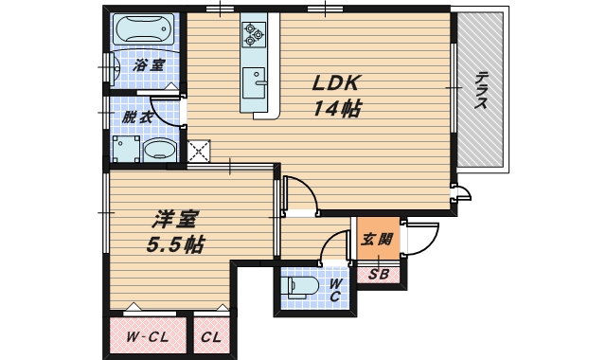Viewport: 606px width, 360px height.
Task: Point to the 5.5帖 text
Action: point(176,244)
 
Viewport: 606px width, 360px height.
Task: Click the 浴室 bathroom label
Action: point(149,65)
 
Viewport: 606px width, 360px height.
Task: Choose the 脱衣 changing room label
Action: point(137,117)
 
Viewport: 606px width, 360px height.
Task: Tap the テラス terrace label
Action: point(482,91)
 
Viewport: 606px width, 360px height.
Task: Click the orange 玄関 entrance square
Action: point(377,239)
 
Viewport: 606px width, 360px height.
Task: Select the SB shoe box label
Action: point(379,276)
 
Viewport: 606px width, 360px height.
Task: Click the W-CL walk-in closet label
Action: point(147,335)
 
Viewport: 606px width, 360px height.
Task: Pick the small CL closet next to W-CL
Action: point(211,335)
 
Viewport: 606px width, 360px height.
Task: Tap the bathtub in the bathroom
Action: point(145,31)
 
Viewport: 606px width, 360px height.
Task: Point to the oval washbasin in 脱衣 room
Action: point(159,149)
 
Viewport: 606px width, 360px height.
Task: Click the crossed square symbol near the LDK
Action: point(199,151)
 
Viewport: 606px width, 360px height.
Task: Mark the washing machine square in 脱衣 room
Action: point(125,150)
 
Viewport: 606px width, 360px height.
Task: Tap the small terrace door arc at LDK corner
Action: point(461,195)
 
